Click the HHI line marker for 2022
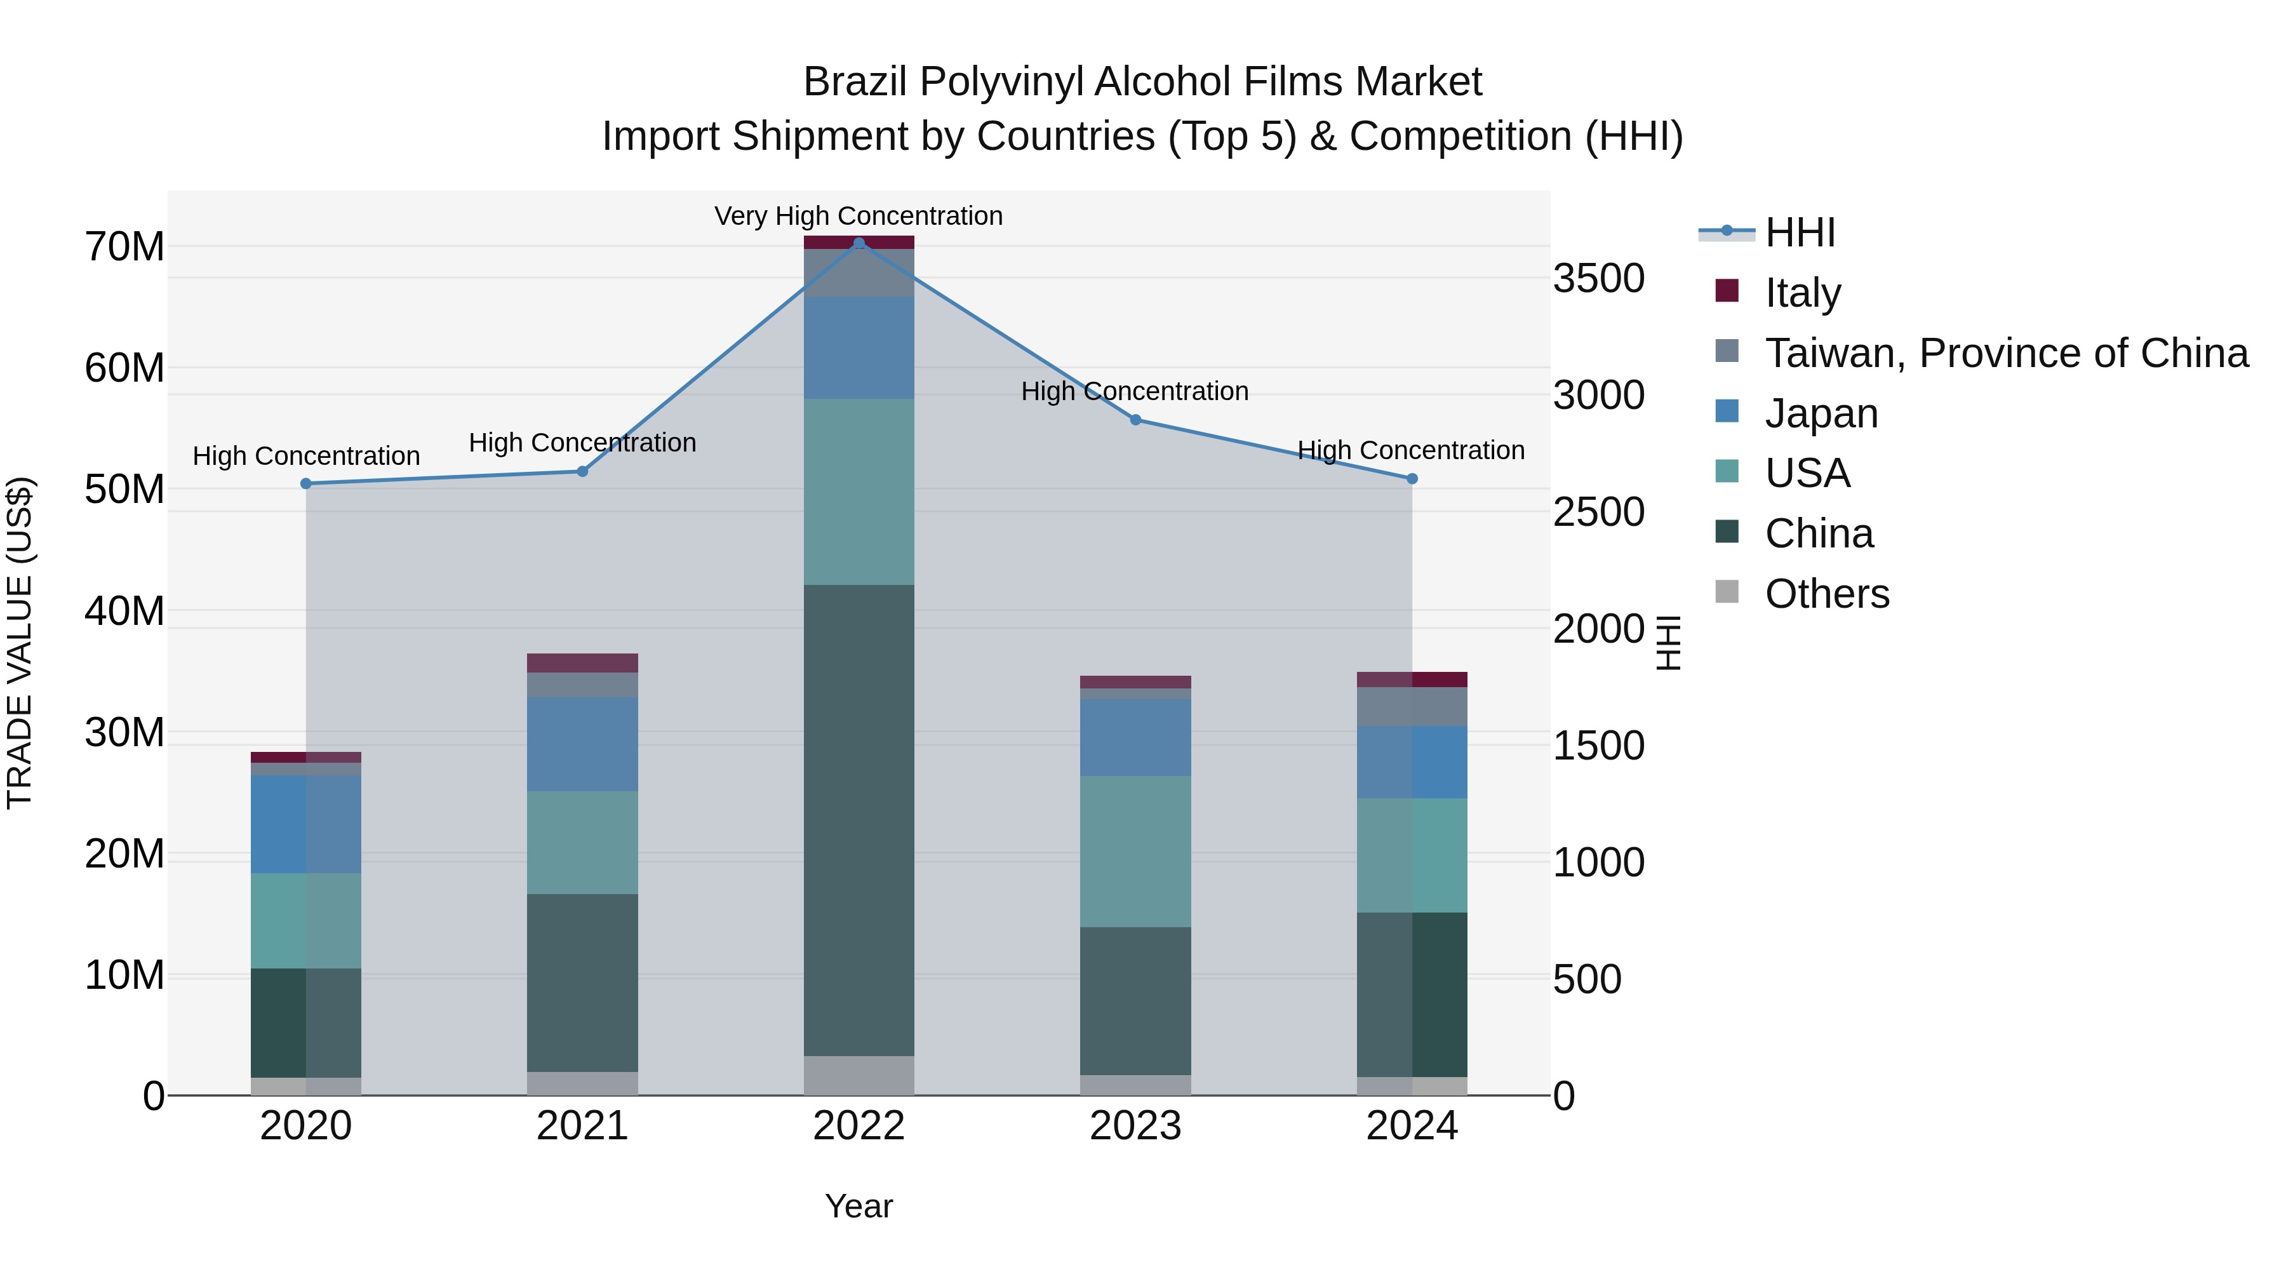[858, 243]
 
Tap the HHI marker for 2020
[306, 484]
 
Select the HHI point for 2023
[1135, 420]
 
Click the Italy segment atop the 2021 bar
[582, 663]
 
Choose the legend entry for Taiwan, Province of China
[2005, 353]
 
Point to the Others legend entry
[1826, 594]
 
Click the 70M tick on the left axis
[124, 247]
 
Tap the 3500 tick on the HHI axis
[1598, 279]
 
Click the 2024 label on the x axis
[1411, 1126]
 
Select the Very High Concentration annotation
[858, 216]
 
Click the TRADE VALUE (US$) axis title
[20, 643]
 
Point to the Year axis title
[858, 1206]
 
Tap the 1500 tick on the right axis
[1598, 746]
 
